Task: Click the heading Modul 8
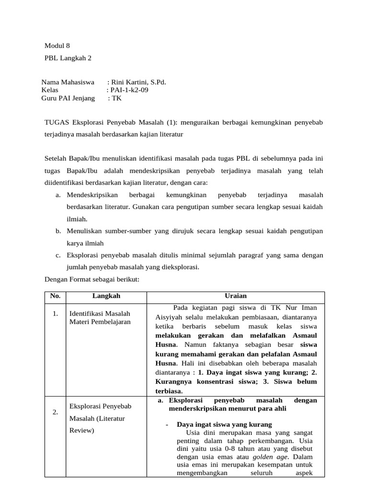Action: [57, 46]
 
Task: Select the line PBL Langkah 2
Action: [68, 58]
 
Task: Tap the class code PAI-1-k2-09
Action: [128, 90]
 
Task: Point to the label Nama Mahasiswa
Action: [68, 82]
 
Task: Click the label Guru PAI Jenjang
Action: [68, 98]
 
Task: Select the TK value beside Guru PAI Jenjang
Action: [116, 98]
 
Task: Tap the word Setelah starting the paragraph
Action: [57, 158]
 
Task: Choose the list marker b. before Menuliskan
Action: [57, 231]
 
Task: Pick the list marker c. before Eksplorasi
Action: [57, 255]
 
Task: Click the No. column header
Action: [55, 296]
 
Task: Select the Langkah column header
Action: [107, 296]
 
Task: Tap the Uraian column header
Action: [238, 296]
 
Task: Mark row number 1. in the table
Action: [56, 314]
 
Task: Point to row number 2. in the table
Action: [56, 412]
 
